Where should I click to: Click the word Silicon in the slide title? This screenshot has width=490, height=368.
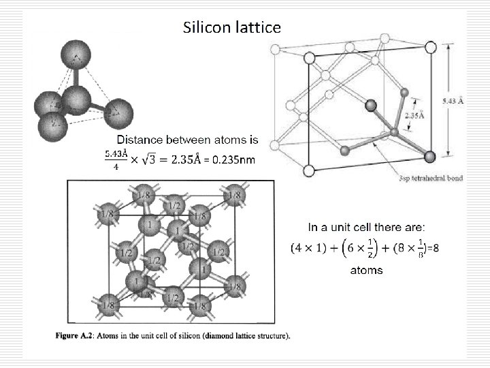[x=206, y=27]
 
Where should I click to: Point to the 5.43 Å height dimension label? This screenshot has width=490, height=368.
[x=453, y=102]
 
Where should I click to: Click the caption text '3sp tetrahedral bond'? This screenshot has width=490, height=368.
[x=431, y=179]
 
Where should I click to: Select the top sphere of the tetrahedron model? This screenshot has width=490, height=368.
[x=74, y=53]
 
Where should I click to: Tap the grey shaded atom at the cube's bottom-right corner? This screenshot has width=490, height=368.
[x=429, y=157]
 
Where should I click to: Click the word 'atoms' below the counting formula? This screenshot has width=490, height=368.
[x=366, y=271]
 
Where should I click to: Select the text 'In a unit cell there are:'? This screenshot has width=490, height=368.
[x=367, y=226]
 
